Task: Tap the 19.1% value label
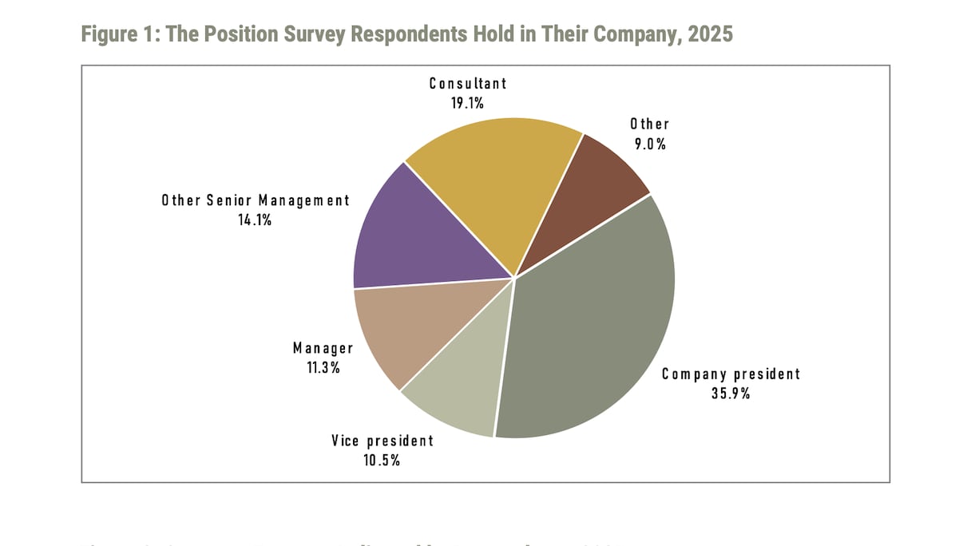(x=467, y=102)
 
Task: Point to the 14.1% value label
(x=256, y=220)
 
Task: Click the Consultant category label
(x=468, y=83)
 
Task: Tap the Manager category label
(x=323, y=348)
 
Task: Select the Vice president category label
(x=382, y=441)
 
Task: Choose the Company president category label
(x=731, y=374)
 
